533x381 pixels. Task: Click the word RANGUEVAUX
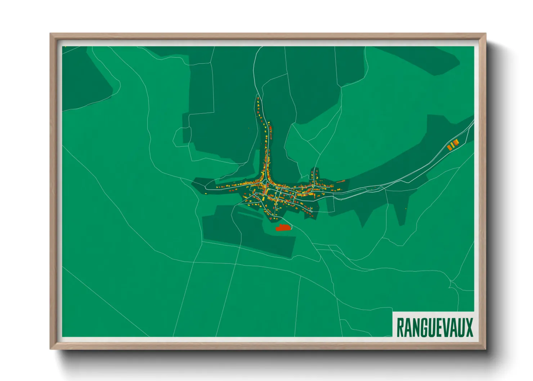click(x=434, y=327)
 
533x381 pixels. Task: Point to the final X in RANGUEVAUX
click(x=469, y=327)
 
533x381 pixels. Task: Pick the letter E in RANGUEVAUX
click(x=440, y=327)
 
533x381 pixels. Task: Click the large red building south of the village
click(x=283, y=228)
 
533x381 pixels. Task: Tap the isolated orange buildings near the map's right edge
click(x=453, y=144)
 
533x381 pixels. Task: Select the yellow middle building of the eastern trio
click(x=453, y=145)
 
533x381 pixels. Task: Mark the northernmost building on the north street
click(x=258, y=98)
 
